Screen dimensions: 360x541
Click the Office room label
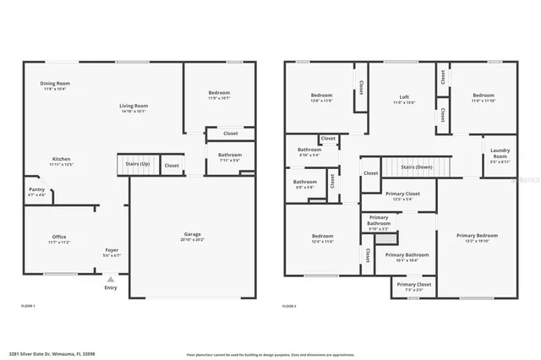(x=58, y=238)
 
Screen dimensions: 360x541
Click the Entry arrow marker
(x=111, y=280)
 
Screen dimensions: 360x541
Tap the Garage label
(x=193, y=236)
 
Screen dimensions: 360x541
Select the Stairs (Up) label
(x=138, y=163)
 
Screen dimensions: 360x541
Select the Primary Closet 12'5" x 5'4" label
(x=397, y=196)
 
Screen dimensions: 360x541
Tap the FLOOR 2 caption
(x=290, y=305)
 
